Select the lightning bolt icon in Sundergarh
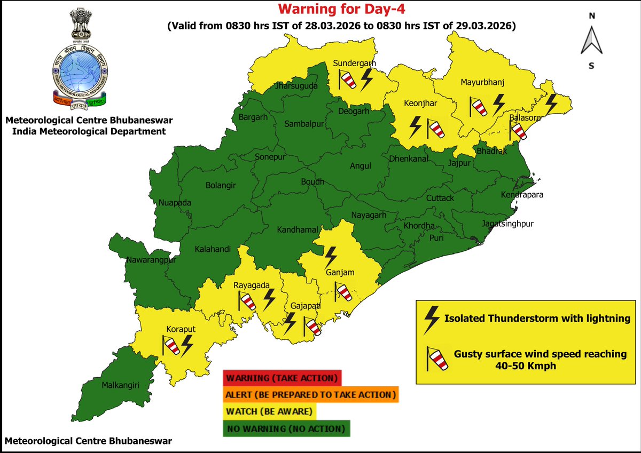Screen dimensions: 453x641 367,80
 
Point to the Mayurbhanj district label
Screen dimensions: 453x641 482,82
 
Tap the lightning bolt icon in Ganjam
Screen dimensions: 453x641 331,256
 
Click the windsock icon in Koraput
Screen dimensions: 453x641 170,346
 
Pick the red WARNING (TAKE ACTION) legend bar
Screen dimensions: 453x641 282,378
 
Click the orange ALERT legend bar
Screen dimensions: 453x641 311,395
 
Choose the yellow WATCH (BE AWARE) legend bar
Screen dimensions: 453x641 270,412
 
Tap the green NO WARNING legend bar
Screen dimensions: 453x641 286,428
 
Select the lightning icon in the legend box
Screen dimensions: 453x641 431,319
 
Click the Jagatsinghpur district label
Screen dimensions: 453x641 507,224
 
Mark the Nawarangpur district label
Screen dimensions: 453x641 152,260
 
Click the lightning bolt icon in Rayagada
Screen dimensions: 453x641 269,300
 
